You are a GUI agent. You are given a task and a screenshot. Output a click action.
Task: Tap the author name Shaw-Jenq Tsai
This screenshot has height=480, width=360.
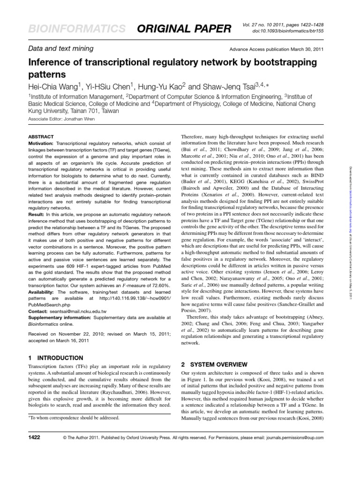tap(223, 85)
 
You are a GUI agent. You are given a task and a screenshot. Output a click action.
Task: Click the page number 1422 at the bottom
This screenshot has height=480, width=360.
tap(34, 437)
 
